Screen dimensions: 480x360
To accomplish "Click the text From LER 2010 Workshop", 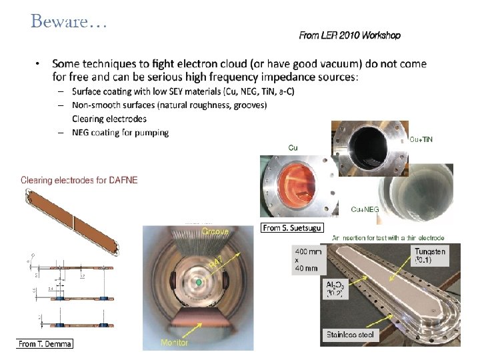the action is tap(349, 35).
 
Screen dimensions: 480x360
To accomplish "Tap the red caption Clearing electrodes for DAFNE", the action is tap(79, 180).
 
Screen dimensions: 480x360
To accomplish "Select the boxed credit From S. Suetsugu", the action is tap(293, 228).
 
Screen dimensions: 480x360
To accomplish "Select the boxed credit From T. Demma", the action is tap(45, 343).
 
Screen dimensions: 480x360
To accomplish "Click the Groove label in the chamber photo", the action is tap(215, 231).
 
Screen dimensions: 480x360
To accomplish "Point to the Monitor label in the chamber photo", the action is tap(174, 342).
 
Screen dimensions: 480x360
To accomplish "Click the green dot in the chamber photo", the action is tap(197, 283).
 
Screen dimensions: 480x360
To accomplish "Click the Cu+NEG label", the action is tap(365, 209).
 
